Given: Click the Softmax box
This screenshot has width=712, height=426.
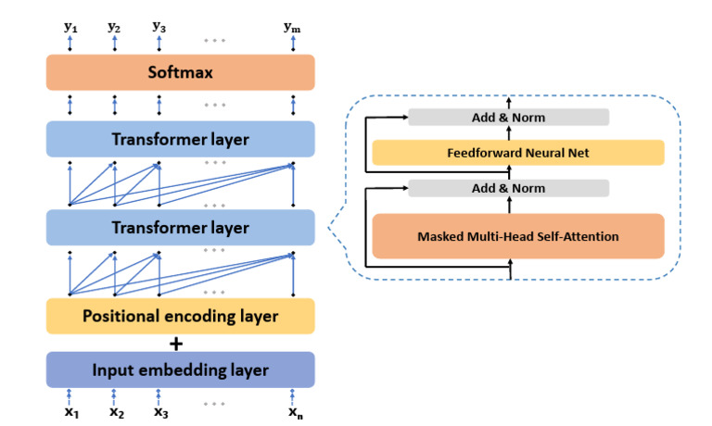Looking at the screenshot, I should coord(181,71).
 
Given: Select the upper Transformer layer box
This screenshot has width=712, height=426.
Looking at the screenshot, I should coord(181,140).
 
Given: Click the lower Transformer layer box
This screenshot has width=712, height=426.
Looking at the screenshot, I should coord(181,227).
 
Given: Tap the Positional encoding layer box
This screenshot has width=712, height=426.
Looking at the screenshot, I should coord(181,316).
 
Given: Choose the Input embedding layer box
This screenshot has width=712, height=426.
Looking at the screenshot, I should coord(181,370).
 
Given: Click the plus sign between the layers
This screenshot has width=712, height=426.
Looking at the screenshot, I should coord(181,344).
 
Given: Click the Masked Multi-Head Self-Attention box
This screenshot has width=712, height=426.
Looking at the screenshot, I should coord(518,236).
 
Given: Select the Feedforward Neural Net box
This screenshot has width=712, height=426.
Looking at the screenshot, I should coord(518,152).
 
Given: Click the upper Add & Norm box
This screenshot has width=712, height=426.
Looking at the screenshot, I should coord(509,117).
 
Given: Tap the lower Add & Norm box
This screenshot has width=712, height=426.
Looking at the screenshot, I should coord(509,188).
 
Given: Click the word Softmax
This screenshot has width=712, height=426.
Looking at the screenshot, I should coord(181,71).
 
